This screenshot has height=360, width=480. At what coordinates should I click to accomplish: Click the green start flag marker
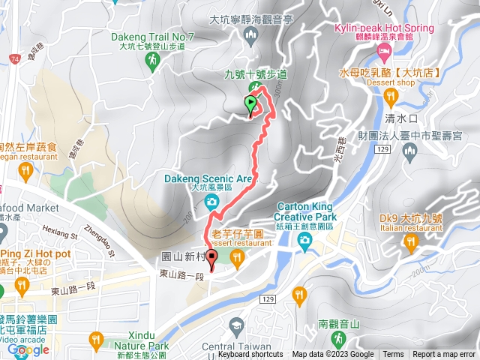tap(250, 104)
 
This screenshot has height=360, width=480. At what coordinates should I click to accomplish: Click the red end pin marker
tap(211, 259)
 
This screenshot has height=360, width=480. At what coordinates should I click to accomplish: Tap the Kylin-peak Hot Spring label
tap(383, 28)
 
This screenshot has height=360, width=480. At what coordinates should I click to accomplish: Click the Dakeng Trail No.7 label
tap(152, 36)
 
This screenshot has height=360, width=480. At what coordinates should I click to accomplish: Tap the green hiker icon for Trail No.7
tap(152, 60)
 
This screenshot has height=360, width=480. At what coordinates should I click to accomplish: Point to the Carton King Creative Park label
tap(304, 211)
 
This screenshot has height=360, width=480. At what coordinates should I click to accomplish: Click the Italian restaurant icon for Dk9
tap(409, 241)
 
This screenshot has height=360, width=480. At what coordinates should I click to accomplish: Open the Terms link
tap(393, 355)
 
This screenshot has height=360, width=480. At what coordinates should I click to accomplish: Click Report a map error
tap(444, 355)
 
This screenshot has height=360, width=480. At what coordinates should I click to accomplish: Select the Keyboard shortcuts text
tap(250, 355)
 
